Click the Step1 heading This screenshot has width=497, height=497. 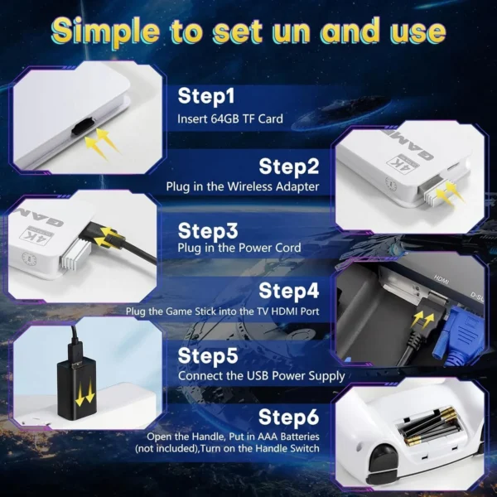[206, 96]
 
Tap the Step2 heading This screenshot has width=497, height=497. [289, 166]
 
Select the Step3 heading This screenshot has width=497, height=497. [208, 230]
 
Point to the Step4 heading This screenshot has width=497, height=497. [289, 291]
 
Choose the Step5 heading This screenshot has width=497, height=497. [208, 355]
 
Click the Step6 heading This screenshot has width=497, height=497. [289, 417]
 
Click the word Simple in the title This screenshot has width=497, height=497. [105, 31]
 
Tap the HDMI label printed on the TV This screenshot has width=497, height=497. [442, 279]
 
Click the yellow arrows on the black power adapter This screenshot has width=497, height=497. [84, 393]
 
